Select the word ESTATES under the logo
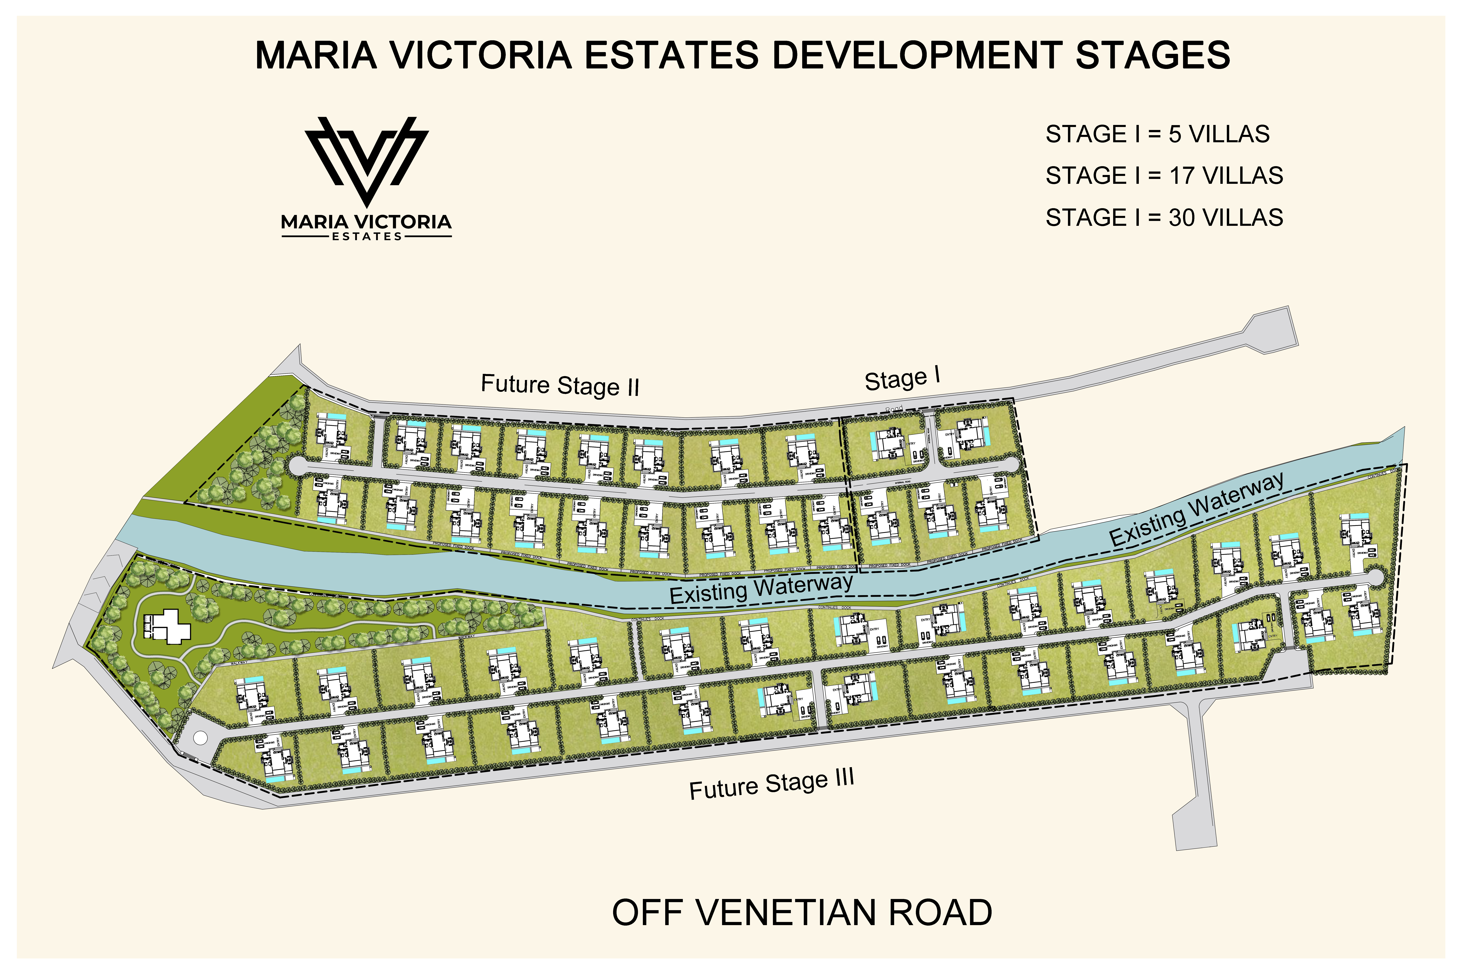(367, 236)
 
